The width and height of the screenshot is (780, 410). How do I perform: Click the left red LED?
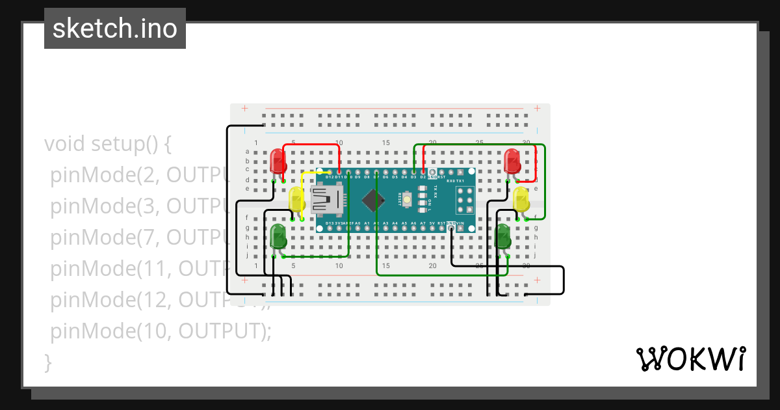(278, 160)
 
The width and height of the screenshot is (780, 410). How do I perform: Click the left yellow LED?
(296, 199)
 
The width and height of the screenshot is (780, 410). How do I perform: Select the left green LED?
(278, 236)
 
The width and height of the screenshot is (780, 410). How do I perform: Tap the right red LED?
(512, 160)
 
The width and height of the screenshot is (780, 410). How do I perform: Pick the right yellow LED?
(521, 198)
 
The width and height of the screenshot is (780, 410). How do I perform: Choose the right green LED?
(503, 236)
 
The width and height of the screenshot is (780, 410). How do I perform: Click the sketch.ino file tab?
(115, 29)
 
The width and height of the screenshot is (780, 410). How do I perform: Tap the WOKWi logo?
(690, 359)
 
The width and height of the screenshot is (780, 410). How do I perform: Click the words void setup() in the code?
(107, 144)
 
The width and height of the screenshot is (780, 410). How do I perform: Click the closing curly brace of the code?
(47, 362)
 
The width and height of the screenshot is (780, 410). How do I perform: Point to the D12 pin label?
(330, 177)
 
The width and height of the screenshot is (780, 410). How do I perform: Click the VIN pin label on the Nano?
(460, 223)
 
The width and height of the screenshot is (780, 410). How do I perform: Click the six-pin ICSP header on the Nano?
(464, 200)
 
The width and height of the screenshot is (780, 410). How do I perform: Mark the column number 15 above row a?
(386, 143)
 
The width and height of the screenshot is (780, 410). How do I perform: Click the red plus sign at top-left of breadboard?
(244, 108)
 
